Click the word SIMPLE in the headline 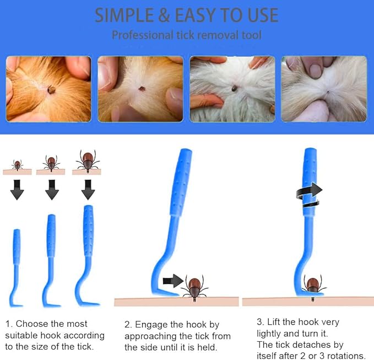point(124,15)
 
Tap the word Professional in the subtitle point(143,35)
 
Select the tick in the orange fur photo point(51,90)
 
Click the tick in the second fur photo point(142,89)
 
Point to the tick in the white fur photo point(234,88)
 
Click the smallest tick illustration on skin point(17,165)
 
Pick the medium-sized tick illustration point(51,163)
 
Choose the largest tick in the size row point(88,161)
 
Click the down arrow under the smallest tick point(17,190)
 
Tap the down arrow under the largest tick point(88,190)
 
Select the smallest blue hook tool point(16,267)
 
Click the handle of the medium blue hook point(51,235)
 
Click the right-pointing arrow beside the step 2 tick point(173,281)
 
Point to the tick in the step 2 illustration point(194,288)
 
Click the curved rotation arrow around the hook point(309,195)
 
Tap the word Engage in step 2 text point(151,325)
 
